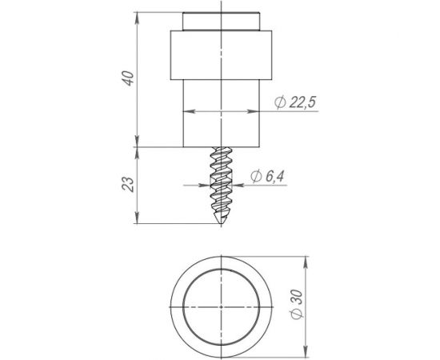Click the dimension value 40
(x=128, y=78)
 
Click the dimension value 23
(x=128, y=184)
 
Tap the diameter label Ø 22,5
(x=295, y=102)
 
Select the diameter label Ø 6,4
(x=267, y=177)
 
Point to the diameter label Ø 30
(x=297, y=305)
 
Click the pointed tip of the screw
(x=221, y=223)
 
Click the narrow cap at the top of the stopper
(x=221, y=22)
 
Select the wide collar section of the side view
(x=221, y=55)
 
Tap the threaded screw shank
(x=221, y=185)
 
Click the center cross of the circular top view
(x=222, y=307)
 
